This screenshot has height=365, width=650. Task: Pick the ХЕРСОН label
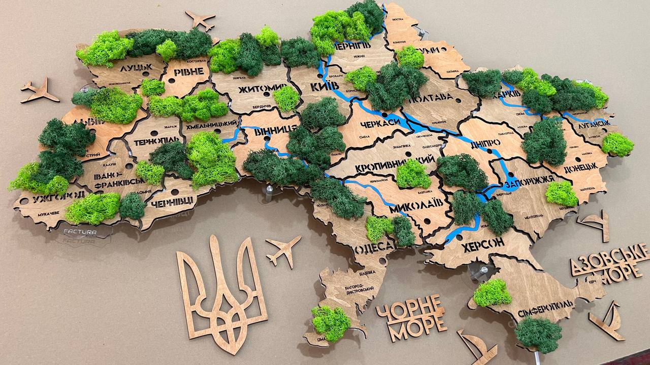coord(482,244)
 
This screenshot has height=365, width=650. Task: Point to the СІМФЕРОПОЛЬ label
coord(546,306)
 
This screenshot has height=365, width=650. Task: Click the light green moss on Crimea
coord(492,293)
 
